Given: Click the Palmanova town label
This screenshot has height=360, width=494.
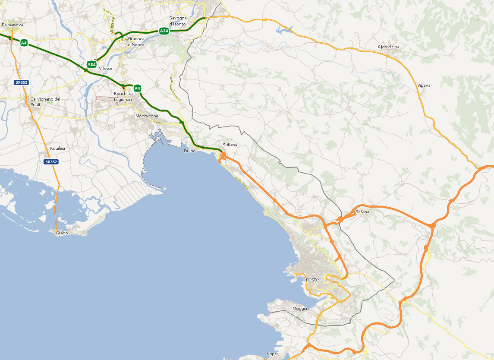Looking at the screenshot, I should (x=12, y=25).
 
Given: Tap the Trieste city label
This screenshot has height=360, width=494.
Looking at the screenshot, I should (x=311, y=279).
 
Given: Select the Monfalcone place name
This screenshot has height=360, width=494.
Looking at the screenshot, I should (x=147, y=116).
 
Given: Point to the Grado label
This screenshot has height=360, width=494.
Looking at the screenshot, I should (x=62, y=233).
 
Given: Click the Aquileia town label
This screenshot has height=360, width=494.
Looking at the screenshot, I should (x=57, y=148).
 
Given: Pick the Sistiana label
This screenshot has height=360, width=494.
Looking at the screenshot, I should (x=230, y=145).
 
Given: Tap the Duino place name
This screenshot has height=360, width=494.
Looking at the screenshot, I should (x=189, y=151).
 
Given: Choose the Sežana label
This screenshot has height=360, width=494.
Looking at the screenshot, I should (x=362, y=212).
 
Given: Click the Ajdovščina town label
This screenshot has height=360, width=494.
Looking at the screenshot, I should (x=388, y=47).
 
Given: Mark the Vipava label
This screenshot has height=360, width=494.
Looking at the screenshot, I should (x=424, y=85).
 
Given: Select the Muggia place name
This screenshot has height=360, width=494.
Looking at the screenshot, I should (x=299, y=308).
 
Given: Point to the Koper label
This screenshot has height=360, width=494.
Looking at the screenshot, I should (x=272, y=354).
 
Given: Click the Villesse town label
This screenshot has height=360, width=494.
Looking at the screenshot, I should (x=105, y=68).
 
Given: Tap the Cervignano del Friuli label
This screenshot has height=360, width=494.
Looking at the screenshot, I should (x=45, y=101).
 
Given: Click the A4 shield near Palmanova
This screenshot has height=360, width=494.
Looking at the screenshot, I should (x=24, y=42).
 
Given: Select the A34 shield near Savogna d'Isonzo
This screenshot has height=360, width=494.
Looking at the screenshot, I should (x=164, y=31).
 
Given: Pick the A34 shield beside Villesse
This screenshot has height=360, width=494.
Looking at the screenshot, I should (x=91, y=65).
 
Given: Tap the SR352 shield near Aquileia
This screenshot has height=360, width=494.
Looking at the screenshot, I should (x=51, y=162).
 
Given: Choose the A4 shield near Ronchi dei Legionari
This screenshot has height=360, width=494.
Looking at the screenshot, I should (x=137, y=88).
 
